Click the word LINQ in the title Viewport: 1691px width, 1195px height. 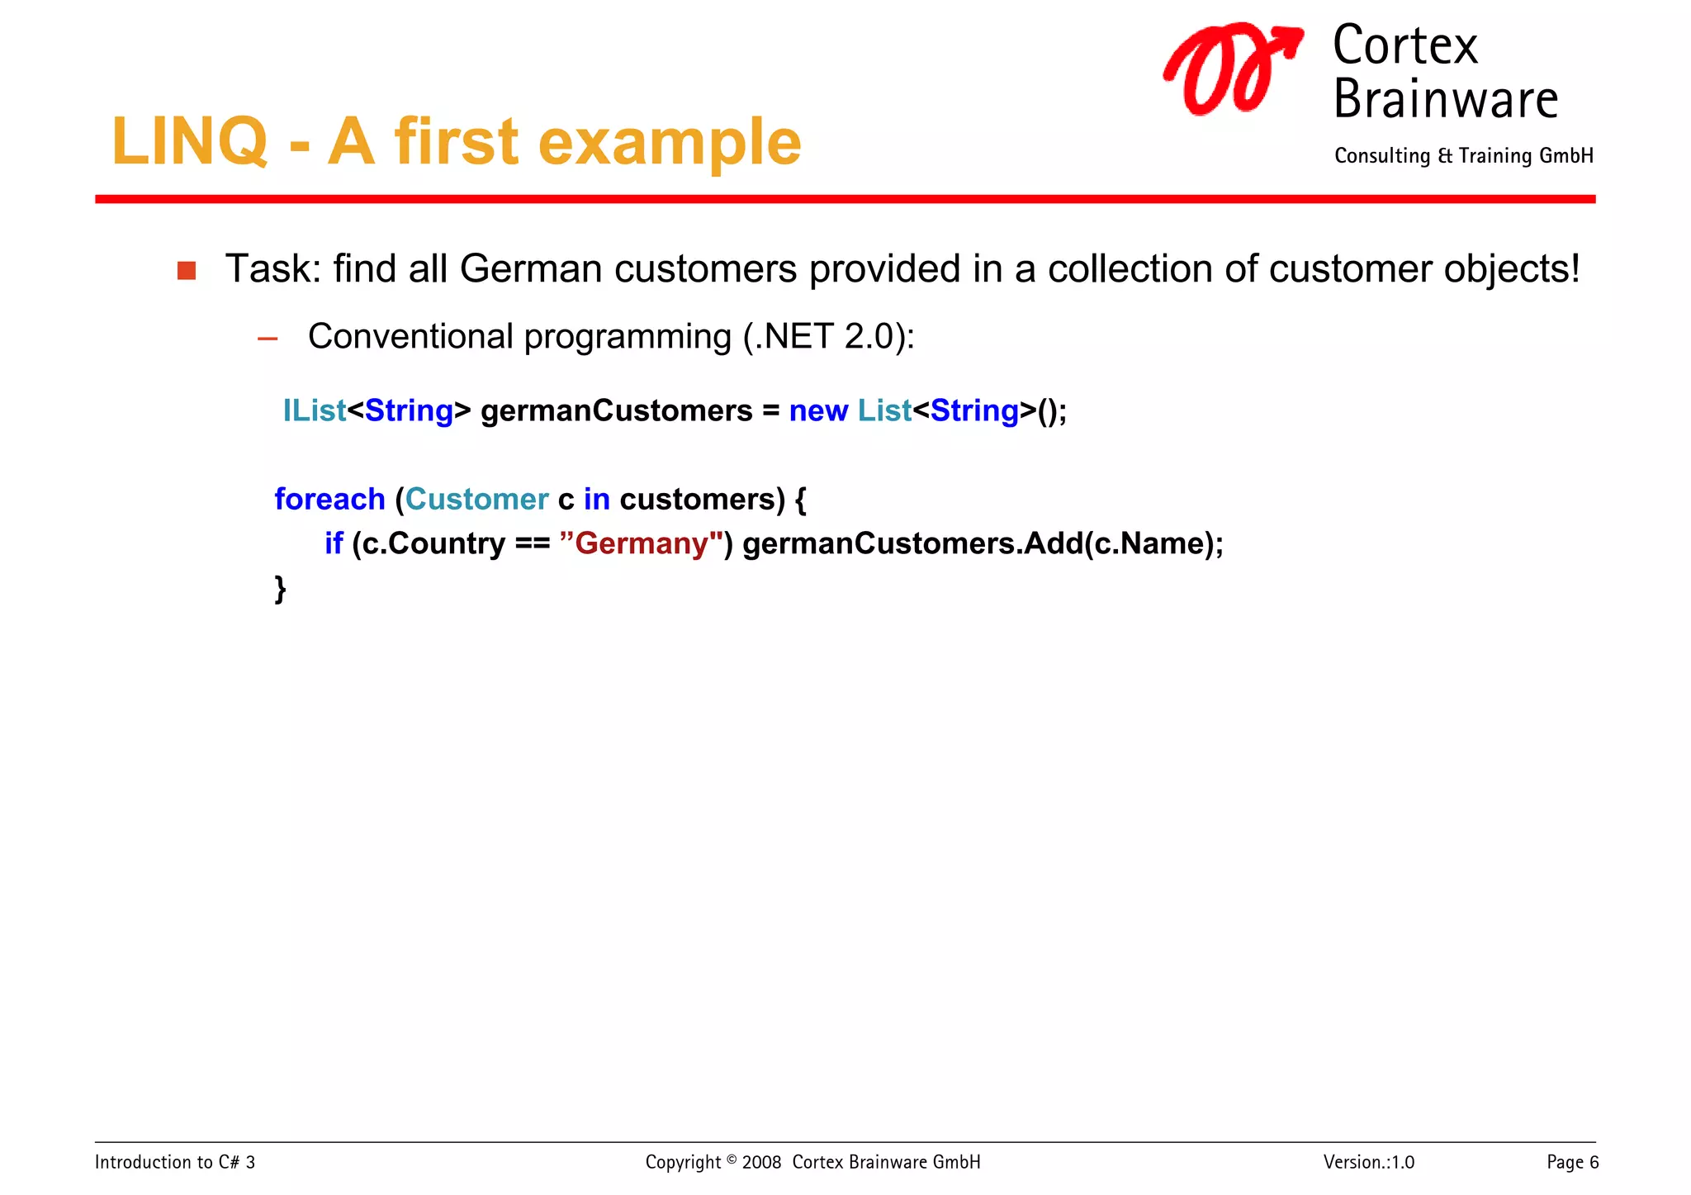tap(190, 142)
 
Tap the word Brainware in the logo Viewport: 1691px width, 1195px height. tap(1445, 99)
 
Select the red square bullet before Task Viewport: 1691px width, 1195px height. tap(187, 271)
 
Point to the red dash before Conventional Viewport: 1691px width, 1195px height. tap(268, 338)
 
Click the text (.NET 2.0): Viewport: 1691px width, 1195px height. tap(828, 337)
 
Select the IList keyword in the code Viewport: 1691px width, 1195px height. tap(314, 410)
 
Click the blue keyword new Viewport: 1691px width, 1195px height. tap(818, 410)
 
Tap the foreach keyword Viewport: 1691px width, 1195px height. tap(329, 499)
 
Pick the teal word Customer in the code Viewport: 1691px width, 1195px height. tap(476, 499)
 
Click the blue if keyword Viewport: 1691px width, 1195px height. tap(334, 543)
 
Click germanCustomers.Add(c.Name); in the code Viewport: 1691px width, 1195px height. tap(983, 543)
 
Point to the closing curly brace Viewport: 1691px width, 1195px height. tap(281, 588)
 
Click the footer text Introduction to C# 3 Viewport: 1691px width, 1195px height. tap(175, 1162)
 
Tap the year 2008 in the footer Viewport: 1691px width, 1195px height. tap(761, 1162)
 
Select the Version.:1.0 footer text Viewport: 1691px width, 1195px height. tap(1368, 1162)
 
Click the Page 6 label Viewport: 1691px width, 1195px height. tap(1572, 1162)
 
